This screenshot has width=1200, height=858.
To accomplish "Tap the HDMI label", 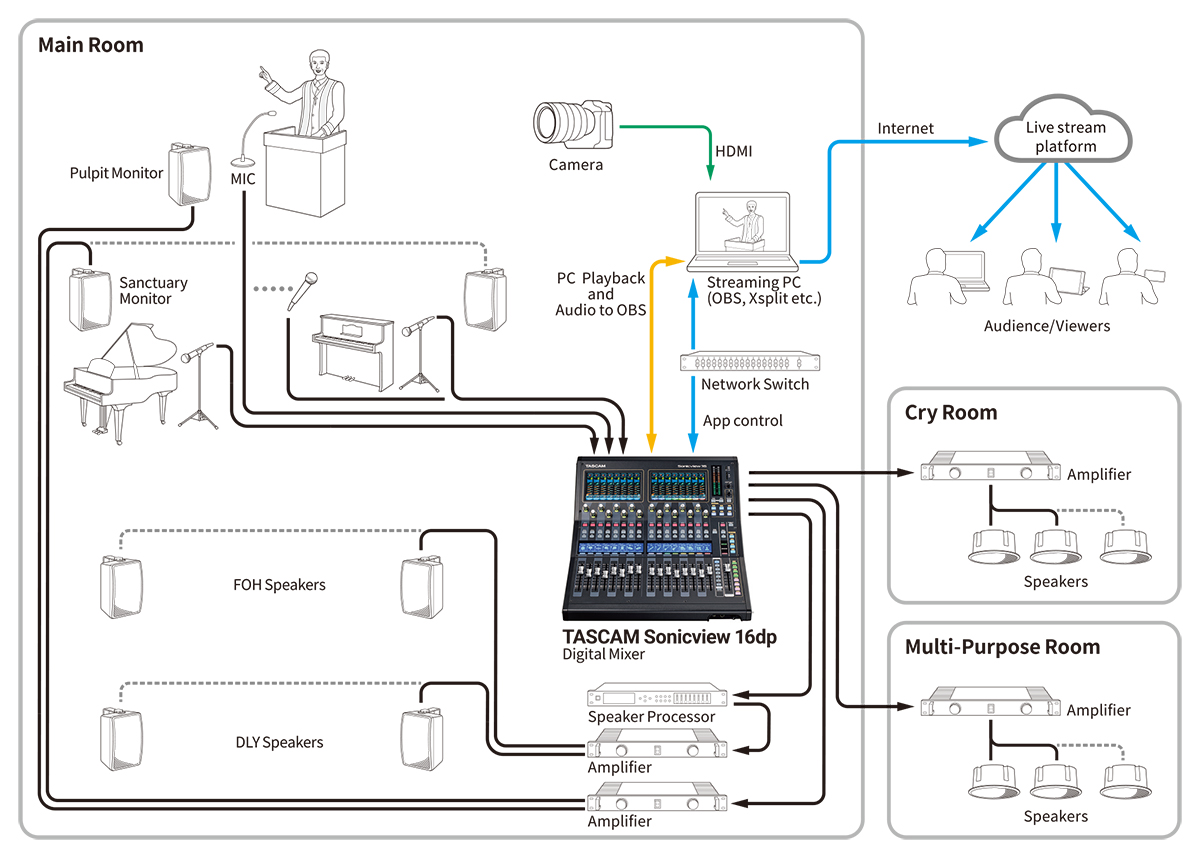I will click(x=734, y=151).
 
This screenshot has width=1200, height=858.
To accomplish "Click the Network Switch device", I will click(x=741, y=361).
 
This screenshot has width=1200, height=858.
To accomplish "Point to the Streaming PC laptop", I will click(x=741, y=229).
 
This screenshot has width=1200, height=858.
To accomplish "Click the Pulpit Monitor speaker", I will click(x=187, y=175).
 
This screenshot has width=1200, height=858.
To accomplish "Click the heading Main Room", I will click(x=90, y=45).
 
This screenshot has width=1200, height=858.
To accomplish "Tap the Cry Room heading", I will click(x=950, y=412).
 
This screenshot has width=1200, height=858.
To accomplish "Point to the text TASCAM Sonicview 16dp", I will click(x=669, y=637).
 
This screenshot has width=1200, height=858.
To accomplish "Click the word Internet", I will click(x=905, y=128).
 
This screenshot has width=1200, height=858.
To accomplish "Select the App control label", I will click(x=742, y=421).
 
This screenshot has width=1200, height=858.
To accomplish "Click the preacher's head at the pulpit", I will click(x=319, y=65).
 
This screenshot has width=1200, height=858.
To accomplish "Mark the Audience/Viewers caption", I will click(x=1047, y=326).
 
